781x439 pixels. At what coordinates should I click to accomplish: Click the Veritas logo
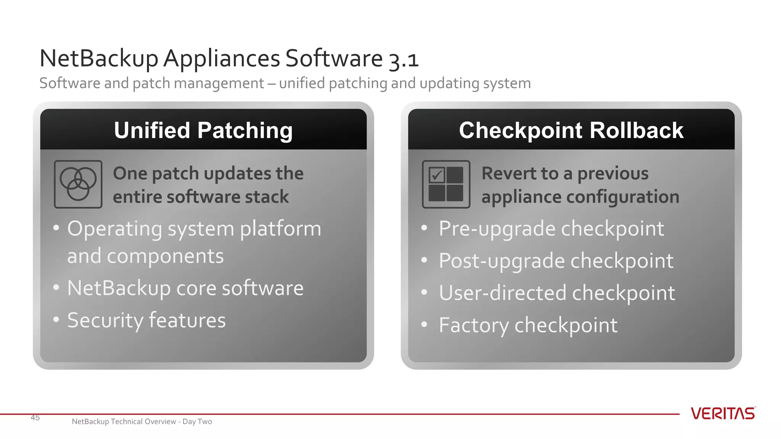pyautogui.click(x=723, y=413)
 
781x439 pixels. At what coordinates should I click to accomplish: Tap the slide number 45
pyautogui.click(x=35, y=418)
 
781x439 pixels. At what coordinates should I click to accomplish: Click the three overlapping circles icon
pyautogui.click(x=78, y=184)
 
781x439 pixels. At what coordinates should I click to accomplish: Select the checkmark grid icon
pyautogui.click(x=446, y=184)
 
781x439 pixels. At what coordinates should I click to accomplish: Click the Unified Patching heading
pyautogui.click(x=203, y=130)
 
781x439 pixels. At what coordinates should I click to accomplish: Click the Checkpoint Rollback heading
pyautogui.click(x=571, y=130)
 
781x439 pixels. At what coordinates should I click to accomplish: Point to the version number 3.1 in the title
pyautogui.click(x=404, y=59)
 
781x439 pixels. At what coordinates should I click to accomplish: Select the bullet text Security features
pyautogui.click(x=146, y=320)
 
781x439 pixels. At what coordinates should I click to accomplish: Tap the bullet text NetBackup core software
pyautogui.click(x=185, y=288)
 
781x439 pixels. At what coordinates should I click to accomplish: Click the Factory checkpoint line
pyautogui.click(x=528, y=325)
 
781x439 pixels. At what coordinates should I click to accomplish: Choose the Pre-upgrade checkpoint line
pyautogui.click(x=551, y=229)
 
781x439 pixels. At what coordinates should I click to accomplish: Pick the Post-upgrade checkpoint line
pyautogui.click(x=556, y=261)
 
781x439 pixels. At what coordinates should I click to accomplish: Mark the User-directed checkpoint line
pyautogui.click(x=556, y=293)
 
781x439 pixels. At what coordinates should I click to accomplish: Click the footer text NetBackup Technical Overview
pyautogui.click(x=124, y=421)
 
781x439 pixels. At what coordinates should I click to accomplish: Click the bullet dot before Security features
pyautogui.click(x=56, y=319)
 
